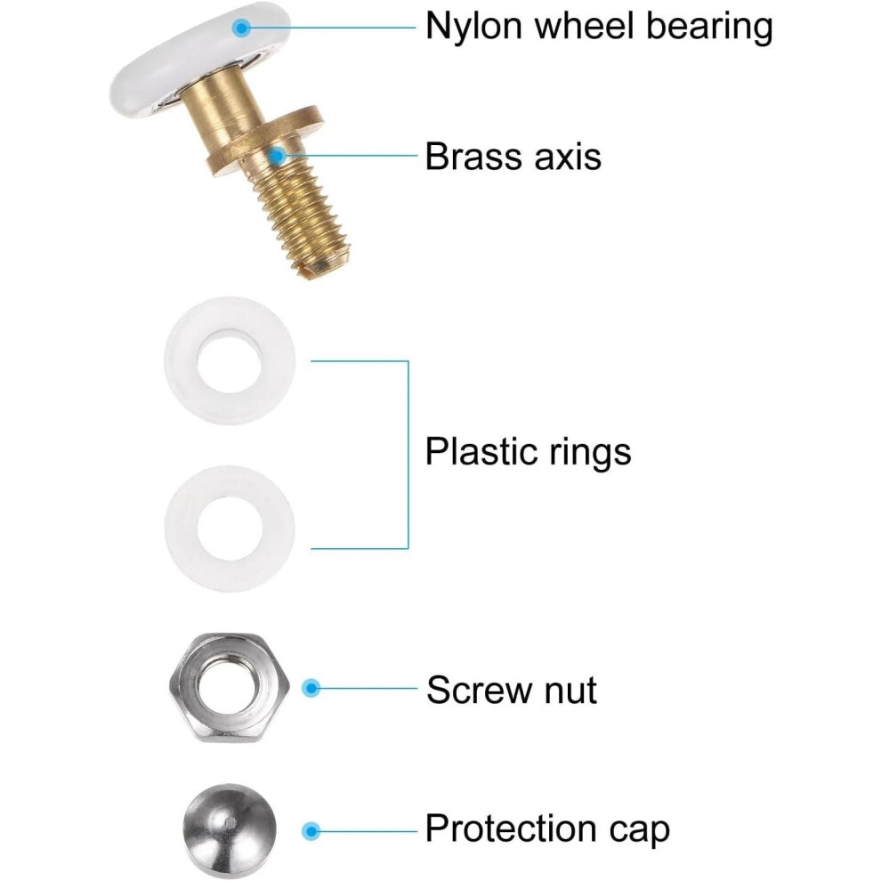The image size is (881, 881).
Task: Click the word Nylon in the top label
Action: point(473,28)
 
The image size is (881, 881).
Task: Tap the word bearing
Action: point(709,28)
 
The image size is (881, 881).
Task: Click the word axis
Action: point(568,157)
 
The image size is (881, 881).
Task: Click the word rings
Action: point(590,453)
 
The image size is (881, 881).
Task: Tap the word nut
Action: point(570,691)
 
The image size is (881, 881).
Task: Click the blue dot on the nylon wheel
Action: point(241,28)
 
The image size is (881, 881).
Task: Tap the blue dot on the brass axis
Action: point(277,157)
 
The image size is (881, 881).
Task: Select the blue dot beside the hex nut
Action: point(311,688)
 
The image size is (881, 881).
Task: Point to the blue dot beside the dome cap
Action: point(311,831)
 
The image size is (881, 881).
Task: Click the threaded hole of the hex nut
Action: point(229,685)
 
